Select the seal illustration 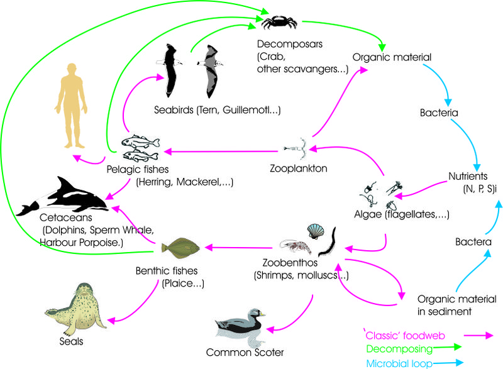73,307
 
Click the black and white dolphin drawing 64,197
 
